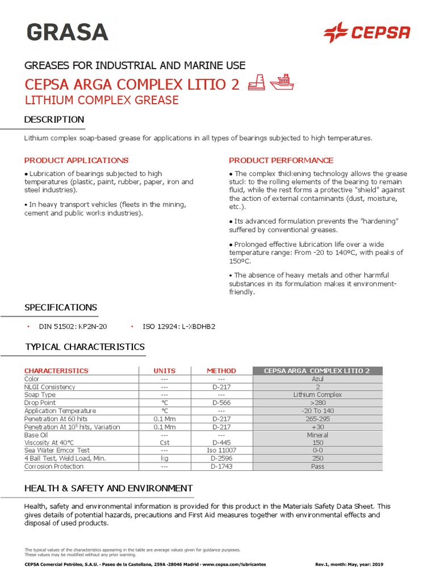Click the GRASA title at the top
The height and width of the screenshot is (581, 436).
tap(66, 32)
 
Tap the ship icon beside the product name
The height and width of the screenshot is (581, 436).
tap(282, 83)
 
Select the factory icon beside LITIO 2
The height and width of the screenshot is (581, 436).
tap(259, 83)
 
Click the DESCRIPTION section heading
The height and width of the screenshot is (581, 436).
tap(54, 119)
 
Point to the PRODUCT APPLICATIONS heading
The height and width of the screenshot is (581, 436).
tap(76, 161)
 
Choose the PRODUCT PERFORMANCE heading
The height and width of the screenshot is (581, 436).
tap(281, 161)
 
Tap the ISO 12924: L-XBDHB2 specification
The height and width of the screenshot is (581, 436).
tap(179, 327)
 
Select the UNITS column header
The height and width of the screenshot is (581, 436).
tap(165, 371)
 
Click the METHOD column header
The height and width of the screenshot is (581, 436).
tap(221, 371)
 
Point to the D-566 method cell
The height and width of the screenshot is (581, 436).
tap(221, 402)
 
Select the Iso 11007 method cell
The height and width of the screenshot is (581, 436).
tap(221, 450)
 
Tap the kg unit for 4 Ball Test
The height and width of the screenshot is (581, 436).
tap(165, 458)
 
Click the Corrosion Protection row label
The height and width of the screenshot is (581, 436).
tap(54, 466)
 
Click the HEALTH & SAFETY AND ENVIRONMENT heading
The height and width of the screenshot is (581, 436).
tap(108, 488)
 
